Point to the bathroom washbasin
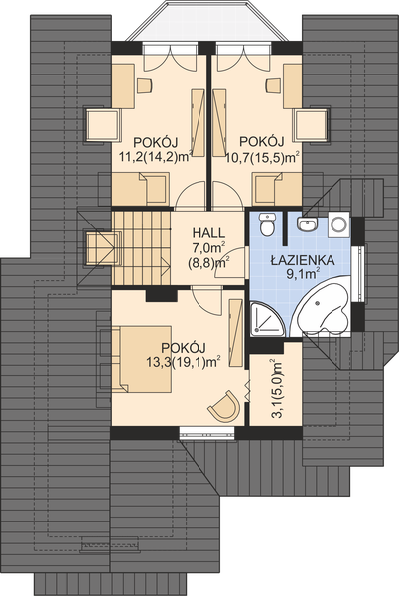(308, 223)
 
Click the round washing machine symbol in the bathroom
(337, 223)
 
